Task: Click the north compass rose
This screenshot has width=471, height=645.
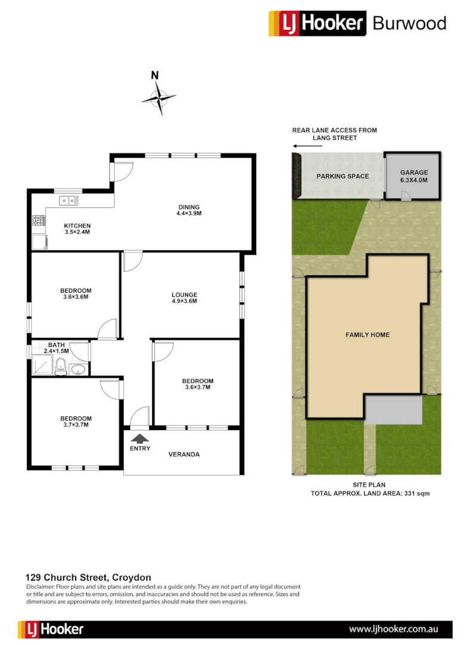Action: tap(159, 98)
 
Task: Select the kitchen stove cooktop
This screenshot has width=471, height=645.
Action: tap(38, 222)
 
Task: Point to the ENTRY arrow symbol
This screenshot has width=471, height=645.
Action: tap(140, 439)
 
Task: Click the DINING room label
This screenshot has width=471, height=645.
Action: tap(189, 207)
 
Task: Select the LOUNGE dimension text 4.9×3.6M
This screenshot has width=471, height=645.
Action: tap(184, 301)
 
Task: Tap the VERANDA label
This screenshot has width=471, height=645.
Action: tap(184, 454)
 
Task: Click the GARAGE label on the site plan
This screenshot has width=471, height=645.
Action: tap(414, 173)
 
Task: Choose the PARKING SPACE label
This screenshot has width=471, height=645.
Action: tap(343, 176)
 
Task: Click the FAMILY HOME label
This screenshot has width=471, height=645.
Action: tap(367, 335)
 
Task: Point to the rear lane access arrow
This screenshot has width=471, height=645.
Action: tap(302, 146)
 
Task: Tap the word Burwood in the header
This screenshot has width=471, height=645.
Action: tap(409, 23)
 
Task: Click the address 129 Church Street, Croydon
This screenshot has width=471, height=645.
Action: tap(88, 578)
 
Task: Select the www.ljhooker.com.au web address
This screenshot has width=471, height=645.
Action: tap(394, 629)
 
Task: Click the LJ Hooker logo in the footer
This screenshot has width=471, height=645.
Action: tap(51, 629)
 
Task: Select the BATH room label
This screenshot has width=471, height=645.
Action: tap(57, 345)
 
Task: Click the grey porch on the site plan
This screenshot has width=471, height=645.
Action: tap(393, 410)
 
